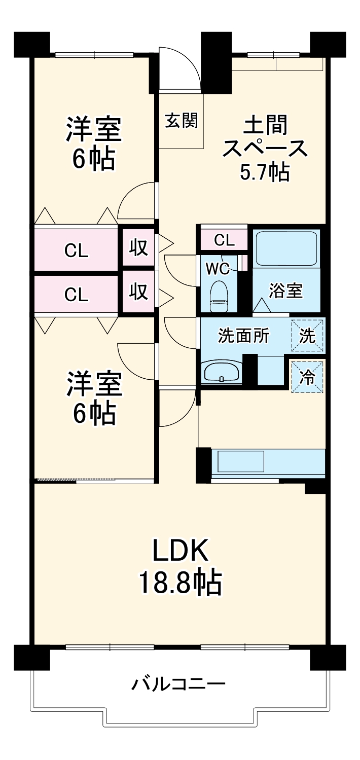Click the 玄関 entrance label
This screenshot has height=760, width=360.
(182, 121)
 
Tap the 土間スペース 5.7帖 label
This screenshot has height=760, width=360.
(265, 148)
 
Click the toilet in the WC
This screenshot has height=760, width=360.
(219, 296)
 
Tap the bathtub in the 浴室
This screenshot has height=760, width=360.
(286, 248)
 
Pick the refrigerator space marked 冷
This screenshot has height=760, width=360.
(307, 377)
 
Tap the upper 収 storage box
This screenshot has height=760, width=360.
(138, 247)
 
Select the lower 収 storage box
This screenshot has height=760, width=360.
(138, 291)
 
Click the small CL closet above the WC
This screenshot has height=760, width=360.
(224, 240)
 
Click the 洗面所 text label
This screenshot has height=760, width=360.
(243, 336)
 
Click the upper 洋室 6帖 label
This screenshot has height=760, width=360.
(94, 143)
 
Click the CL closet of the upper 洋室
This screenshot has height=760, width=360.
(76, 250)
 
